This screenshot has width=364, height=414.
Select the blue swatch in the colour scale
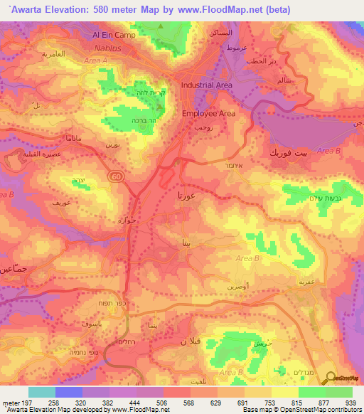(69, 392)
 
